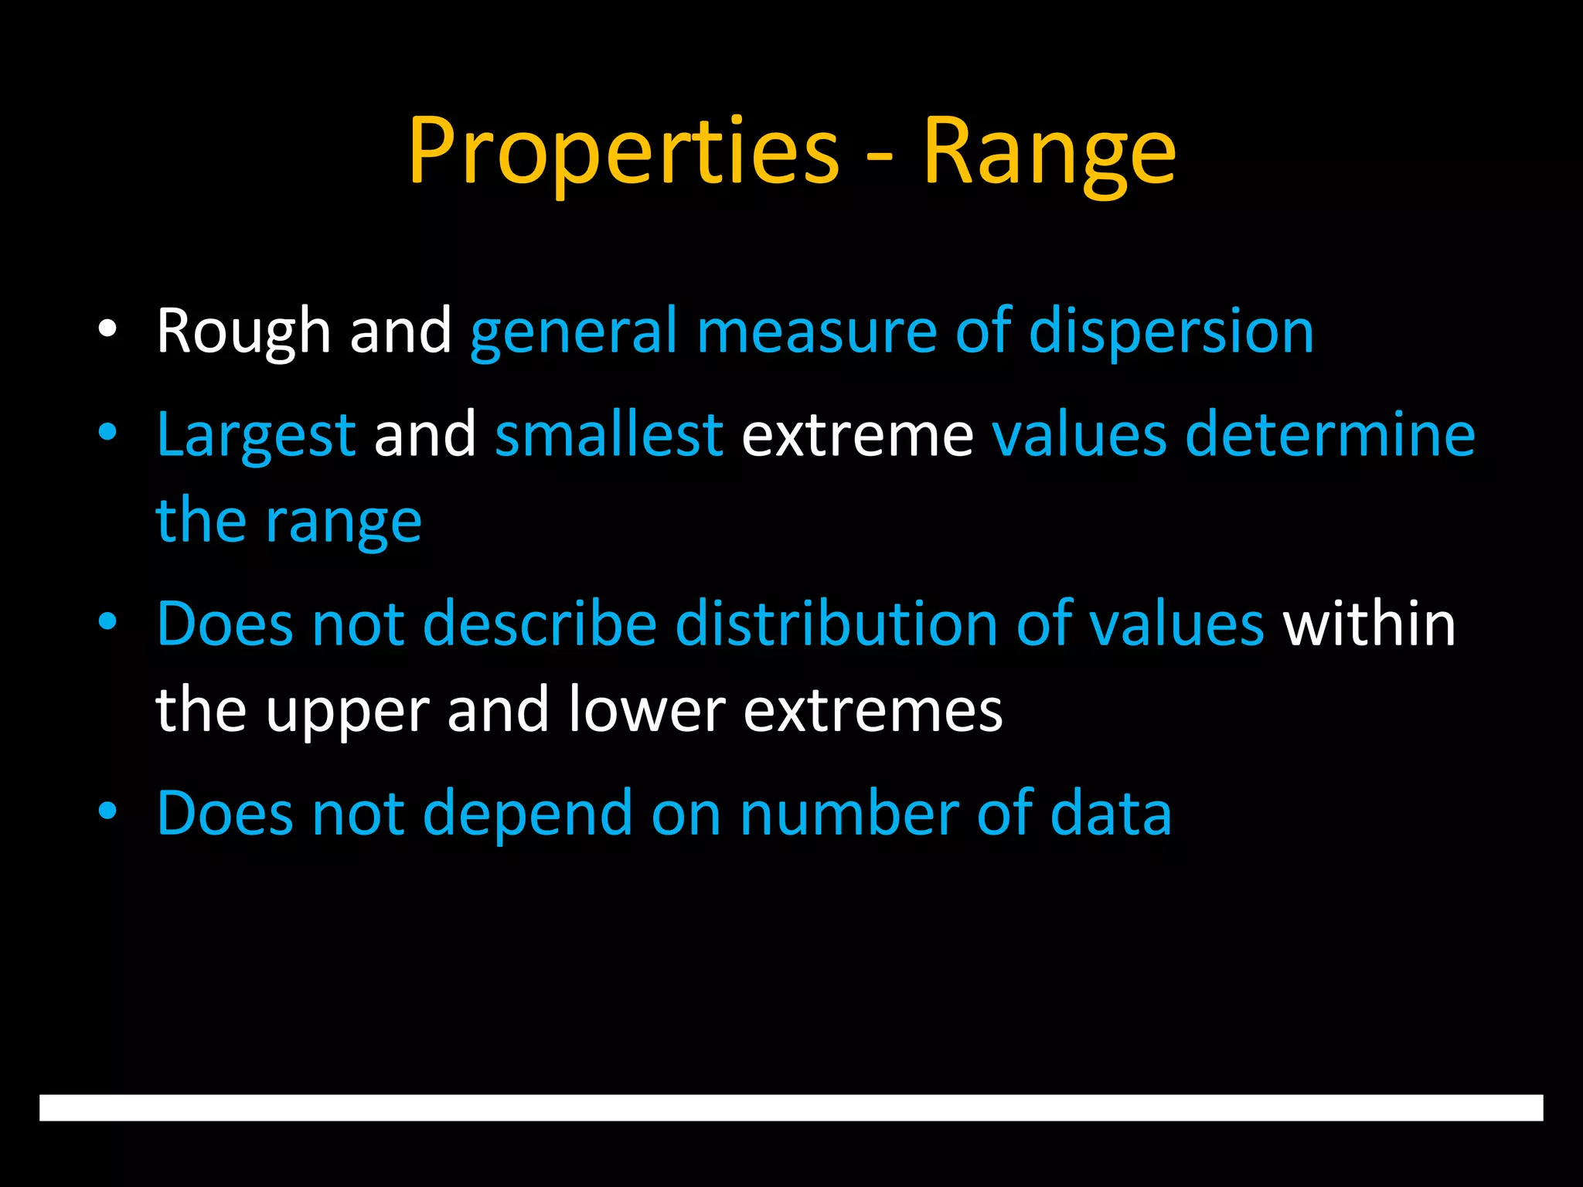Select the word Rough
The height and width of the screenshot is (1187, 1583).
tap(243, 332)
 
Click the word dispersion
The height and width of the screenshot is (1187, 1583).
tap(1171, 332)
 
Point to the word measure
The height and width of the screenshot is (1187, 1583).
tap(816, 332)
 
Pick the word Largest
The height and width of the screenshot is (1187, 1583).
tap(256, 435)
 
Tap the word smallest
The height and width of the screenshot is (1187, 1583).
tap(609, 435)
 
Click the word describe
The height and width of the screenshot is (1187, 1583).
tap(540, 624)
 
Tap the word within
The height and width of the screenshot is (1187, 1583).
tap(1369, 624)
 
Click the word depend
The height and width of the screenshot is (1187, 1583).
tap(527, 814)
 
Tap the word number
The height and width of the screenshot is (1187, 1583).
tap(849, 814)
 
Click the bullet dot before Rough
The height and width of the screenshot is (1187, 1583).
tap(107, 330)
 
